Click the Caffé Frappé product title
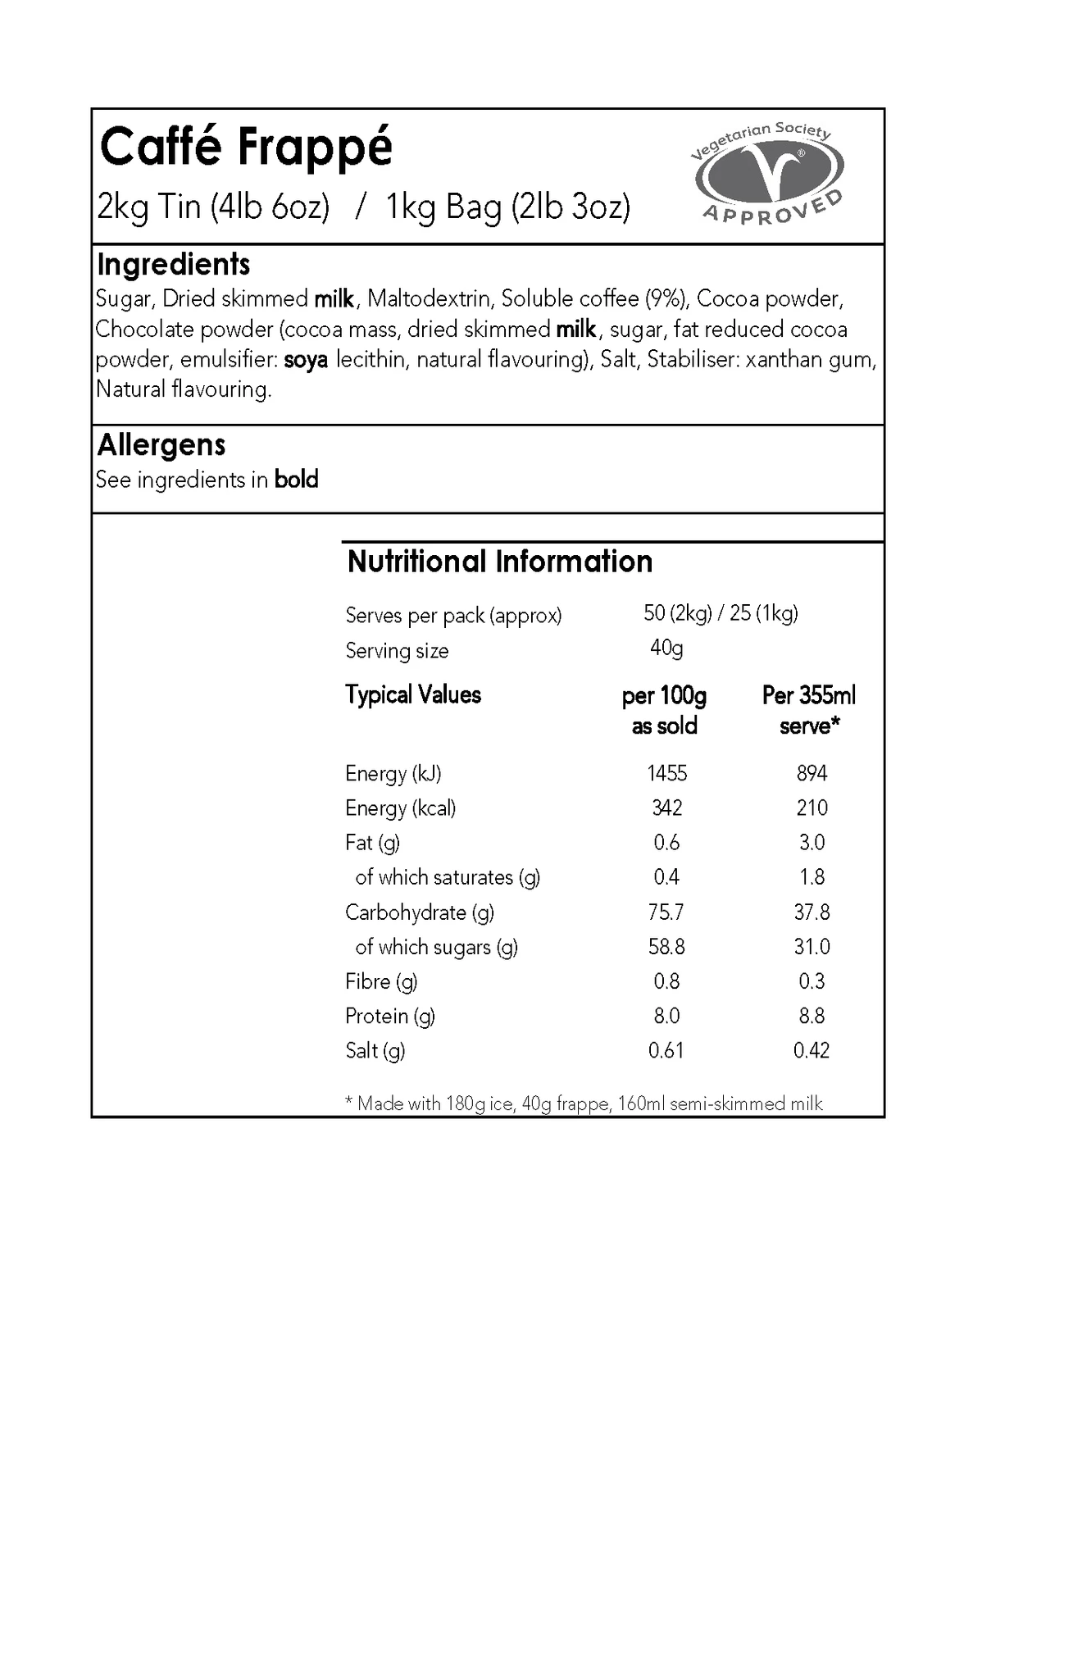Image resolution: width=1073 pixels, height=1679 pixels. [246, 148]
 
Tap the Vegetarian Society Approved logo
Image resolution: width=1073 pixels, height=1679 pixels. [768, 174]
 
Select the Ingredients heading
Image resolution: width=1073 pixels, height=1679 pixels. [173, 265]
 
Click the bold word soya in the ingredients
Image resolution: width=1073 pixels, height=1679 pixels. [306, 360]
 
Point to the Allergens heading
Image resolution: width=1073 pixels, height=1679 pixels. [161, 445]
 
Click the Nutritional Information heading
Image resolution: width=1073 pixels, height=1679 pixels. [500, 562]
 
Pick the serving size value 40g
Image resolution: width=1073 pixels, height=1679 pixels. [666, 648]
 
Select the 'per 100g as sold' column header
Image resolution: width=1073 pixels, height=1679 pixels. [664, 711]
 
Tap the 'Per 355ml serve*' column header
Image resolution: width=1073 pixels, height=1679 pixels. [809, 711]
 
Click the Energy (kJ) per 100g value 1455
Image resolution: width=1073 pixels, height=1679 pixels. [666, 773]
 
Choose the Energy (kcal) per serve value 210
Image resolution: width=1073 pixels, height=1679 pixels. [812, 808]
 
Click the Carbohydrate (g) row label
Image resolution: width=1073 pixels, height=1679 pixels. [420, 912]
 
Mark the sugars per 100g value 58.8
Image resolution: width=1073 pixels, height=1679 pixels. [666, 947]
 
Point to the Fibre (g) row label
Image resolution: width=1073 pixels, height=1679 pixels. [381, 981]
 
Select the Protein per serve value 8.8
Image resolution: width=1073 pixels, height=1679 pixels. [812, 1017]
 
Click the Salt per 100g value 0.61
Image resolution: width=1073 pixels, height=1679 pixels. [666, 1051]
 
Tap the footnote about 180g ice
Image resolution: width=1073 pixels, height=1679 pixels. [584, 1103]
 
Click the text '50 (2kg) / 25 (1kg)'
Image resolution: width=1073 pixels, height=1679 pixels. [721, 613]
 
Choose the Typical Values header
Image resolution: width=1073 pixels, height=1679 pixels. [413, 695]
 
